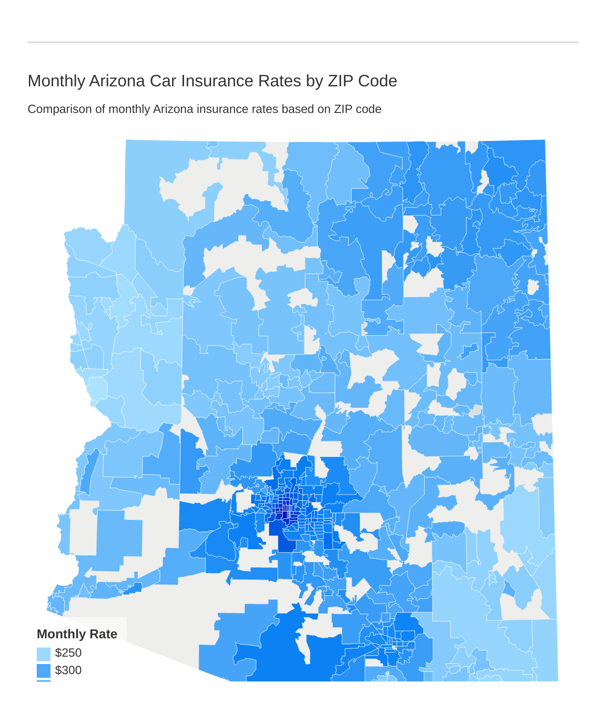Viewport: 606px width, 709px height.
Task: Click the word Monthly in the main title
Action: tap(56, 81)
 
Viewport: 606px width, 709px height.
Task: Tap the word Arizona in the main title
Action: tap(117, 81)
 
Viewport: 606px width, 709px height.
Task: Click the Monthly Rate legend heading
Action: tap(77, 634)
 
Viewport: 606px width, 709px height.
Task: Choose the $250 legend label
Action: tap(68, 653)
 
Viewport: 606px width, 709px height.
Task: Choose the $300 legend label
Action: tap(68, 670)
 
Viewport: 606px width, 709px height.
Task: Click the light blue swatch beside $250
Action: tap(44, 654)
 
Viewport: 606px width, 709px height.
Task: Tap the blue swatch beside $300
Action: tap(44, 671)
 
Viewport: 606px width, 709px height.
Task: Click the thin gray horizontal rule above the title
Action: tap(303, 42)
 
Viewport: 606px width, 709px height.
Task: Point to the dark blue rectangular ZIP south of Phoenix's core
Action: tap(286, 545)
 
